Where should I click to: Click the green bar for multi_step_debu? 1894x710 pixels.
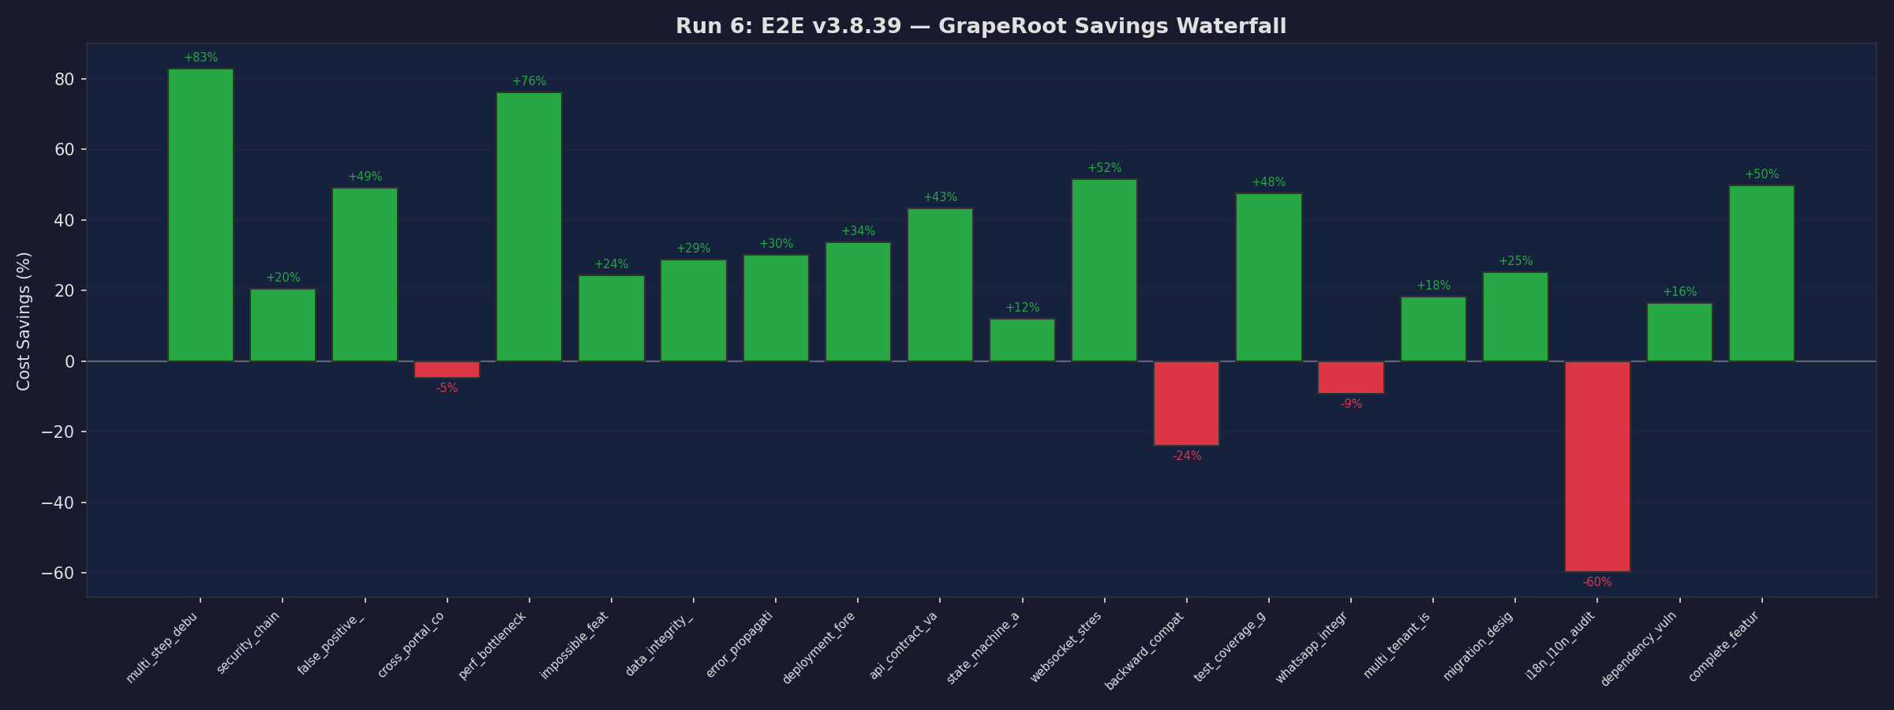tap(200, 215)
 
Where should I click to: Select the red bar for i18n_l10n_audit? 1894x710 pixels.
tap(1597, 466)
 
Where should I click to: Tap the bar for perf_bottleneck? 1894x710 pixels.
tap(529, 226)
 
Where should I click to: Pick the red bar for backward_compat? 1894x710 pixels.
tap(1186, 403)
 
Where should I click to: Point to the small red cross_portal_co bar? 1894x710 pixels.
tap(447, 369)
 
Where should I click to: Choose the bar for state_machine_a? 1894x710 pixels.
tap(1022, 340)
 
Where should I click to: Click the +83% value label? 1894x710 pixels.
tap(200, 58)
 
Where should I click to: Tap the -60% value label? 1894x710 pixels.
tap(1597, 582)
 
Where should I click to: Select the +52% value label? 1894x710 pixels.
tap(1104, 168)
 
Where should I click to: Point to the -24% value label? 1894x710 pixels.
tap(1186, 456)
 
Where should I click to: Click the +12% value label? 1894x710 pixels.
tap(1022, 308)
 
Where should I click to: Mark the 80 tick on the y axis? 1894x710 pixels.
tap(65, 80)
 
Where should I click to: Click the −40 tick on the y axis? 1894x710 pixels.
tap(59, 503)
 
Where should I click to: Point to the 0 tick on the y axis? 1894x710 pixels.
tap(69, 361)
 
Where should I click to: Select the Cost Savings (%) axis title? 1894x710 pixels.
tap(24, 321)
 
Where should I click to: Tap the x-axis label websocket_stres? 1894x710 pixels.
tap(1067, 647)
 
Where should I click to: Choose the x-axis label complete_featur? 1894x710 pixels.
tap(1725, 647)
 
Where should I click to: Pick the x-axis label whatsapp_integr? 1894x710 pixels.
tap(1313, 647)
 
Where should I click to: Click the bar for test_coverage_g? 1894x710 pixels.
tap(1268, 278)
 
